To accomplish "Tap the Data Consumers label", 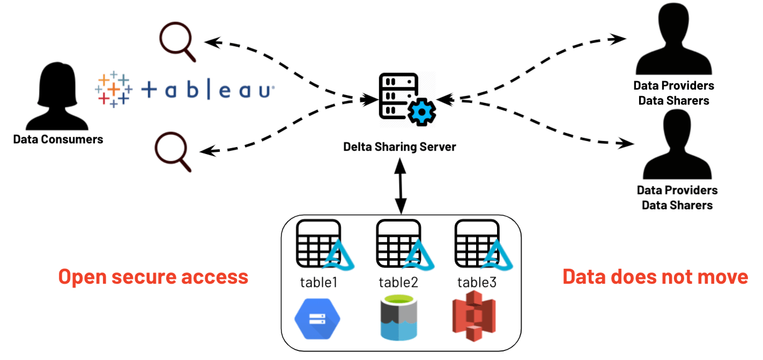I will tap(58, 139).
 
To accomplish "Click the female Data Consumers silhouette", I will tap(58, 96).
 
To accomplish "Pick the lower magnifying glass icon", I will tap(173, 152).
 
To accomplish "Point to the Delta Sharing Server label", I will tap(399, 146).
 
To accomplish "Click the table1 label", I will tap(318, 282).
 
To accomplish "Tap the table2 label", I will tap(398, 282).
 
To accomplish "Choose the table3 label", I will tap(477, 282).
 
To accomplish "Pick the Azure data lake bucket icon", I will tap(398, 320).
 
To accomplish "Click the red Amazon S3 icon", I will tap(473, 320).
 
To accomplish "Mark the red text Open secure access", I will tap(153, 277).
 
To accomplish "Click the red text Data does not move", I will tap(655, 277).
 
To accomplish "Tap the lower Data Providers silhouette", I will tap(677, 145).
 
